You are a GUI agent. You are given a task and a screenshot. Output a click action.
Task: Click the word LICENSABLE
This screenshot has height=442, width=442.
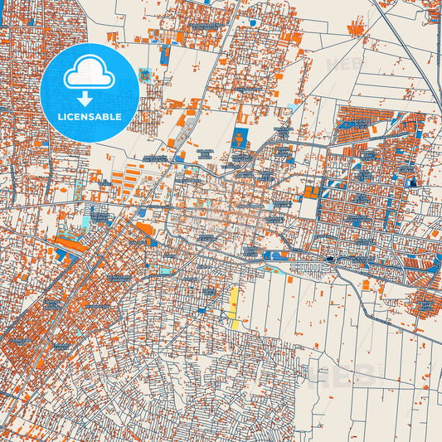coord(90,117)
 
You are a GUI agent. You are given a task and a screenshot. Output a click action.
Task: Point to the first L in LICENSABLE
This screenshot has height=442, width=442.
coord(59,117)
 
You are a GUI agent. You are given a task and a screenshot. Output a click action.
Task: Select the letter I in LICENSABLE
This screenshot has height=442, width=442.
coord(65,117)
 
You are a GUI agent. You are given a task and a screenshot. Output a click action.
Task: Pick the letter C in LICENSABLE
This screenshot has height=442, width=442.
coord(70,117)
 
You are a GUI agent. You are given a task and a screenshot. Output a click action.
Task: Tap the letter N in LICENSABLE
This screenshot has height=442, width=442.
coord(85,117)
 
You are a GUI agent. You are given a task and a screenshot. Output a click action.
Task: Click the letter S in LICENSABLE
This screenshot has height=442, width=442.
coord(93,117)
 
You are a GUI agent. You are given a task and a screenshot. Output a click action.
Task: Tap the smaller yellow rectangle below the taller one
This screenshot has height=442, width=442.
coord(235,325)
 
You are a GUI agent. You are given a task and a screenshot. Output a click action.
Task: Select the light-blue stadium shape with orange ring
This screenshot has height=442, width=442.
coord(147,75)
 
